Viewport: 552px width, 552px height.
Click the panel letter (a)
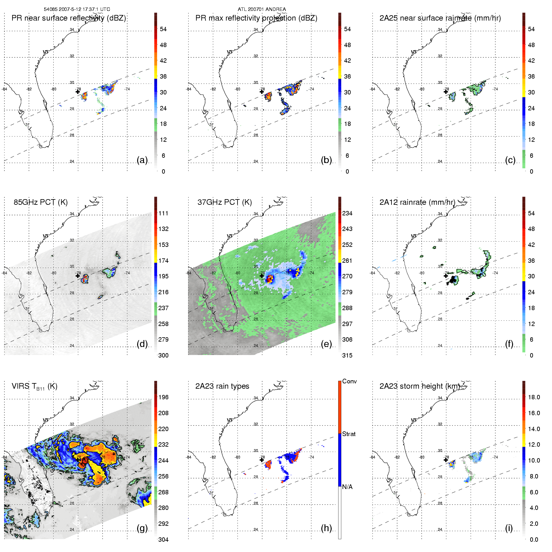(x=142, y=160)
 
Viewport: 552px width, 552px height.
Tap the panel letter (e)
(x=326, y=344)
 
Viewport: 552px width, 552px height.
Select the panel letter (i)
(x=509, y=528)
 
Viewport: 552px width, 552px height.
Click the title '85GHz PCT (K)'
(x=41, y=202)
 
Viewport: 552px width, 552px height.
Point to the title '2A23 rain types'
(x=222, y=386)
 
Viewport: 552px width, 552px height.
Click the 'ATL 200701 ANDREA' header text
(x=262, y=9)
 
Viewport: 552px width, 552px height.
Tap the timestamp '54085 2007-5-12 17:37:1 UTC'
(x=77, y=9)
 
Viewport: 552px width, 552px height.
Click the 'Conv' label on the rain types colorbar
(x=349, y=381)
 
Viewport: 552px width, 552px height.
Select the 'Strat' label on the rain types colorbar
(x=349, y=434)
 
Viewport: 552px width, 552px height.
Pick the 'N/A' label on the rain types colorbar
(x=347, y=487)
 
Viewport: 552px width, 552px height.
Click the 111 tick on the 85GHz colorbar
(x=163, y=213)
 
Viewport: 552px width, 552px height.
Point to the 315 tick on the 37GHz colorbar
(x=347, y=355)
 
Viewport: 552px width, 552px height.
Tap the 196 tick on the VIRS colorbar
(x=163, y=397)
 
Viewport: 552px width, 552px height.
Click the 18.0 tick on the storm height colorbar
(x=534, y=397)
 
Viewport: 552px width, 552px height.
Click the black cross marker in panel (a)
(x=78, y=92)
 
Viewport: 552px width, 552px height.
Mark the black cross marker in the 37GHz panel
(x=262, y=276)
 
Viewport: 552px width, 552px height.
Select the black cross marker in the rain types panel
(x=262, y=460)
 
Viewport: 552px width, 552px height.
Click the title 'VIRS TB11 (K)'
(x=34, y=386)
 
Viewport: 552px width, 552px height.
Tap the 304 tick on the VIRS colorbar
(x=163, y=540)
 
